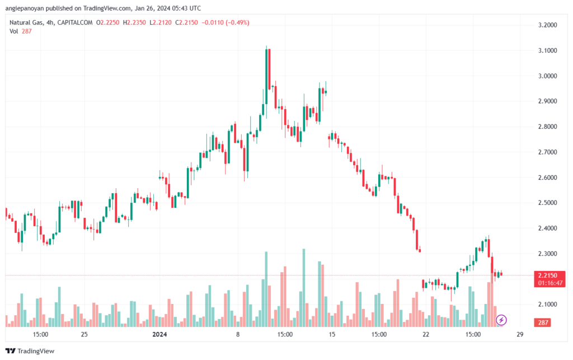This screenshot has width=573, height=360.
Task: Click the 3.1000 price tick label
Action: point(547,50)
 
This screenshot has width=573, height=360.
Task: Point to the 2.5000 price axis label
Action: point(547,203)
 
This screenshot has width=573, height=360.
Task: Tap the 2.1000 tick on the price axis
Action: point(547,305)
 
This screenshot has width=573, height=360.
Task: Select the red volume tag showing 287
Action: point(543,322)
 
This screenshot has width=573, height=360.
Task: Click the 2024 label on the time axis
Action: point(159,334)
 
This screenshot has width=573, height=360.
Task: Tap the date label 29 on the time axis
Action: point(520,334)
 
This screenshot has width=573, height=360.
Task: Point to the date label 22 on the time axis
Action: point(426,334)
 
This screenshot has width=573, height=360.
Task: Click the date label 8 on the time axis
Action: point(237,334)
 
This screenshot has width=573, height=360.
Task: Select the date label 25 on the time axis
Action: point(84,334)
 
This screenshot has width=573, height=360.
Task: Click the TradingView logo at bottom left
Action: point(30,351)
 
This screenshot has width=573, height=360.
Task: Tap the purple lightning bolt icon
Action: point(501,320)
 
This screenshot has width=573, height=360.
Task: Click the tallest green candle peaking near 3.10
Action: point(266,76)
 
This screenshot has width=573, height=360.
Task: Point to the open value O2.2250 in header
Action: point(108,22)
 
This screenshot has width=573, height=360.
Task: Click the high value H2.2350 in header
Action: point(134,22)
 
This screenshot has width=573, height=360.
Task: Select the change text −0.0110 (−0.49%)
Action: point(226,22)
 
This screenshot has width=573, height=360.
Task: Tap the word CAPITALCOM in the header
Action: point(75,22)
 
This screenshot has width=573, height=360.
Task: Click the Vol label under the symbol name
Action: point(13,31)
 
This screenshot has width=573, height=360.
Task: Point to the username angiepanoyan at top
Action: point(25,8)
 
